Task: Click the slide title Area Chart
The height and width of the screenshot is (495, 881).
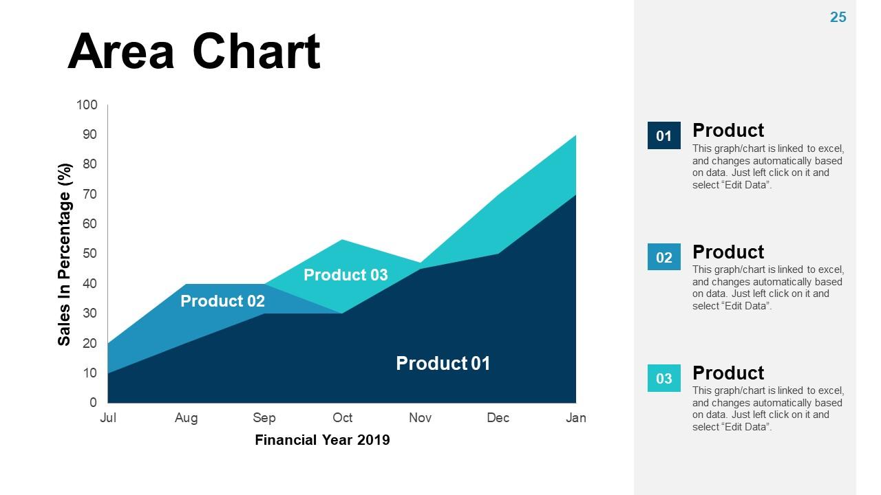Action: coord(193,52)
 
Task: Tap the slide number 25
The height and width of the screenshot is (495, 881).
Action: coord(838,18)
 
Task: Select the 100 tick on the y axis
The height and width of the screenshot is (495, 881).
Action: coord(87,105)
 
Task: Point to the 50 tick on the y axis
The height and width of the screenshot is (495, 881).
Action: coord(90,254)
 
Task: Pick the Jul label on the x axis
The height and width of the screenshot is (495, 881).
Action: coord(108,418)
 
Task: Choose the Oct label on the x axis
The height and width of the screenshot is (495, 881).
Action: coord(342,418)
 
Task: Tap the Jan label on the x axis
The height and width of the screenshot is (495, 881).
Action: coord(576,418)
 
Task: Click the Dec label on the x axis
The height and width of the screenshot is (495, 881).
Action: coord(498,418)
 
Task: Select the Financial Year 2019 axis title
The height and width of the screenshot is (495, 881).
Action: coord(322,440)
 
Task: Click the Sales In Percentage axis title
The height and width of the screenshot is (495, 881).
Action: coord(65,254)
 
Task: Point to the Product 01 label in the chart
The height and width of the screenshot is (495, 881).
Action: coord(443,363)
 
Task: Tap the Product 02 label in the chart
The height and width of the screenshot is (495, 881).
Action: coord(222,301)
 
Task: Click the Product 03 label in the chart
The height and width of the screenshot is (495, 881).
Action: coord(346,275)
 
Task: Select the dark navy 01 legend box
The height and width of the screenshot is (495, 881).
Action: coord(664,136)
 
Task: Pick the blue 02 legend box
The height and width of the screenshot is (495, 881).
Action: coord(664,257)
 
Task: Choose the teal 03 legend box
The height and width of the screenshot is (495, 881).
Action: coord(664,378)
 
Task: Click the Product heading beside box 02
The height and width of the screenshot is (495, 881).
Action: coord(728,252)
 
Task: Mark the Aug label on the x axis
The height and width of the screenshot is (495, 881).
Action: coord(186,418)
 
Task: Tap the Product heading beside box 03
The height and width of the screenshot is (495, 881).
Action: coord(728,373)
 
